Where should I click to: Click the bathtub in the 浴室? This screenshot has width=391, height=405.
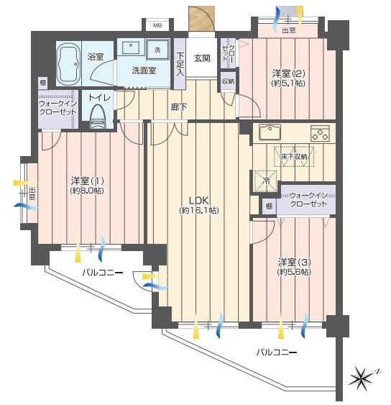(x=69, y=63)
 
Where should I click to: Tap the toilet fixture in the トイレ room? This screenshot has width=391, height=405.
(x=98, y=117)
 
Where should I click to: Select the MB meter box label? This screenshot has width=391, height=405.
(x=157, y=26)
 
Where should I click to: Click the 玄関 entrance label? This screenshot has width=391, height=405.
(x=202, y=58)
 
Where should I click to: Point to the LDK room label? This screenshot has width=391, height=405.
(x=198, y=200)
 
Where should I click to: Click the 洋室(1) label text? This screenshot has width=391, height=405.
(x=88, y=181)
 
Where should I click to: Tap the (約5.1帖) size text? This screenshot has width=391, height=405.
(x=288, y=83)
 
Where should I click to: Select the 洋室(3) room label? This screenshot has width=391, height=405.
(x=294, y=262)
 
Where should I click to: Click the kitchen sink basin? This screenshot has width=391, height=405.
(x=270, y=132)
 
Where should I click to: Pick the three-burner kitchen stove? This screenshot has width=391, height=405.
(x=320, y=133)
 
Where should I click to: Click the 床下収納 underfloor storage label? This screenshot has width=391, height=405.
(x=294, y=157)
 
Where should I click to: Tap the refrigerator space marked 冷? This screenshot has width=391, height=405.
(x=265, y=181)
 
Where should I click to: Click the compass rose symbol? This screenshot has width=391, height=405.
(x=362, y=378)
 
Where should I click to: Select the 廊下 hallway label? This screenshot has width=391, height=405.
(x=179, y=107)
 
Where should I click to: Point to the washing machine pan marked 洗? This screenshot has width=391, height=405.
(x=157, y=50)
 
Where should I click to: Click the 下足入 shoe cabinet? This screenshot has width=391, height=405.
(x=180, y=64)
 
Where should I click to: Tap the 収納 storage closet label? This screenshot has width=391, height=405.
(x=228, y=81)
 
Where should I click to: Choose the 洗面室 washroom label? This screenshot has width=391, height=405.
(x=144, y=70)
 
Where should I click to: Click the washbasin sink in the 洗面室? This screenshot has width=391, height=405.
(x=131, y=47)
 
